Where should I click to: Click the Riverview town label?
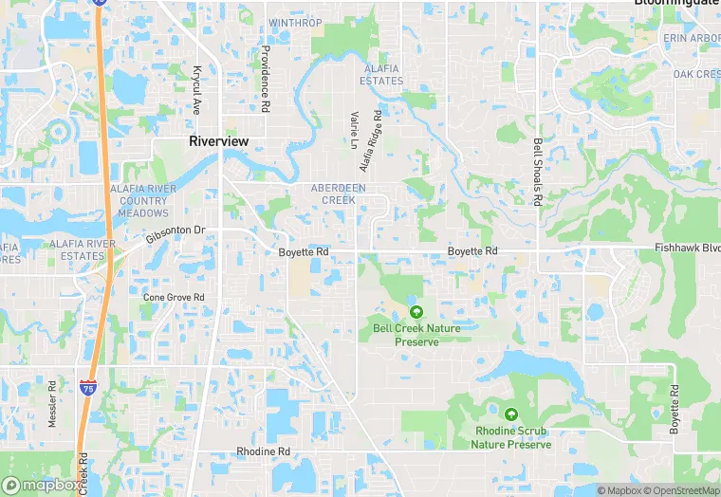pyautogui.click(x=218, y=141)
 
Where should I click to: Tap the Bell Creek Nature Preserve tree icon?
pyautogui.click(x=416, y=311)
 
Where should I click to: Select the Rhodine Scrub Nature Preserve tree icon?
pyautogui.click(x=511, y=414)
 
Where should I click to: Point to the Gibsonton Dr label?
pyautogui.click(x=176, y=231)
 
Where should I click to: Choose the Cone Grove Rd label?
pyautogui.click(x=174, y=297)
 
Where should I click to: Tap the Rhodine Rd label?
pyautogui.click(x=263, y=451)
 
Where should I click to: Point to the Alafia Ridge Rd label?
pyautogui.click(x=370, y=141)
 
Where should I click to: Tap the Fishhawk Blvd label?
pyautogui.click(x=687, y=248)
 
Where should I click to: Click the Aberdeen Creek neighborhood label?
pyautogui.click(x=338, y=193)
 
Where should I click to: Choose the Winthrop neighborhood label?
pyautogui.click(x=295, y=22)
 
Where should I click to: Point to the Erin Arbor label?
pyautogui.click(x=692, y=37)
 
